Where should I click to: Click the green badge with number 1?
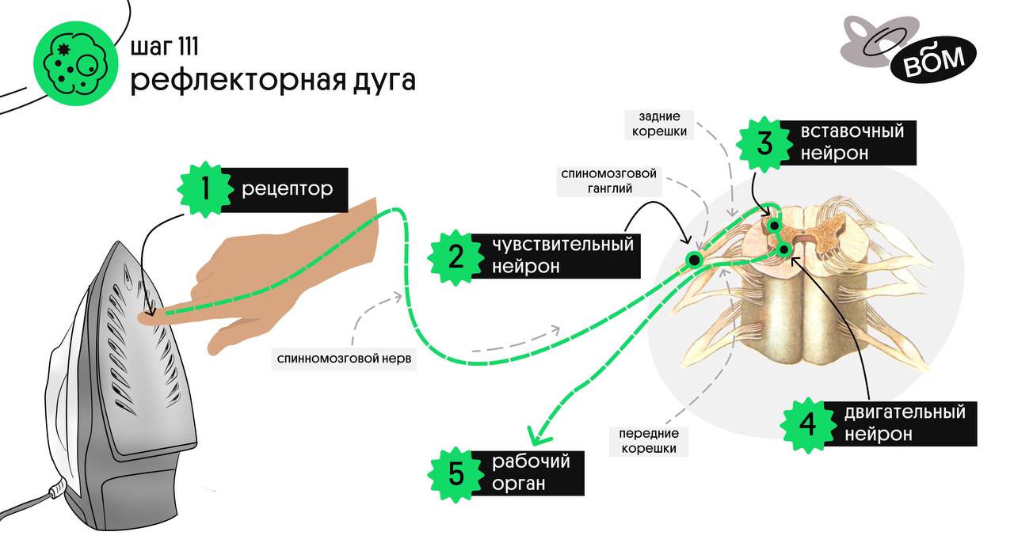pos(205,190)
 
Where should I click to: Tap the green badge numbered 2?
pos(456,256)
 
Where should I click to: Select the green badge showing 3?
pos(764,143)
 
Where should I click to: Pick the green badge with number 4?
pos(807,424)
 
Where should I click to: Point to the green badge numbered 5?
pos(456,473)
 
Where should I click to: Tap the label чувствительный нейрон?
pos(562,255)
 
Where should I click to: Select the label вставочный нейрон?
pos(852,142)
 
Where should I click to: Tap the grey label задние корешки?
pos(658,124)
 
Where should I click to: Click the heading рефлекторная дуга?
pos(273,81)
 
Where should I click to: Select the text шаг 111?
pos(164,47)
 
